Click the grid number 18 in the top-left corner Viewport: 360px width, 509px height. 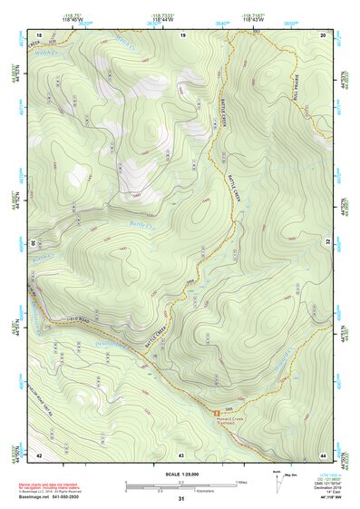39,34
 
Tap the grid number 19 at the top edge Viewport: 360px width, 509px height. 181,34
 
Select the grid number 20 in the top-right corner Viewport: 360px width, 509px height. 323,34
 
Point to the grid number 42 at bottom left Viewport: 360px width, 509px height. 39,453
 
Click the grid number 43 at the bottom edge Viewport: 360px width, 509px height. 181,453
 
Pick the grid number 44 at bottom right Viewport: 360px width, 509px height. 323,453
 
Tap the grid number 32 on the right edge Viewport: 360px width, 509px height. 327,243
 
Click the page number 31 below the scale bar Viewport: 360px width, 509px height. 181,499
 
